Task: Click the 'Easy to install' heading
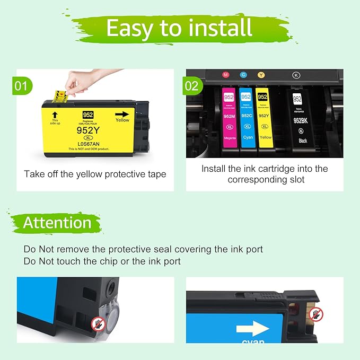click(179, 28)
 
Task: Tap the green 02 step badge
click(192, 85)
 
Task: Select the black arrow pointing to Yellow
click(123, 113)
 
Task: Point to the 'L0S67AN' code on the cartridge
click(88, 143)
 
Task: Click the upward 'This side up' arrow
click(54, 113)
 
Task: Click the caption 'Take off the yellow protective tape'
click(95, 174)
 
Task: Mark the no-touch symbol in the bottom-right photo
click(316, 315)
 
